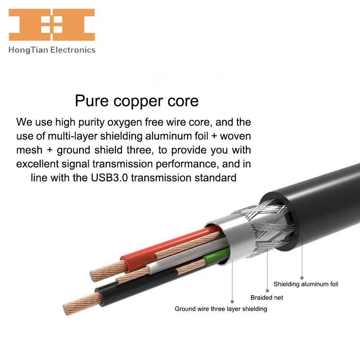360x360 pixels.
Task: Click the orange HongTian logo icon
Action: click(52, 24)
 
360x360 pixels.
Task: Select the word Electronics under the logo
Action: click(73, 50)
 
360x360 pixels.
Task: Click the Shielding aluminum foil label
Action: click(306, 284)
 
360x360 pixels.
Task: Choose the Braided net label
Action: click(267, 297)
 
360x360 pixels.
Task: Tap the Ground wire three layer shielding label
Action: click(221, 309)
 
